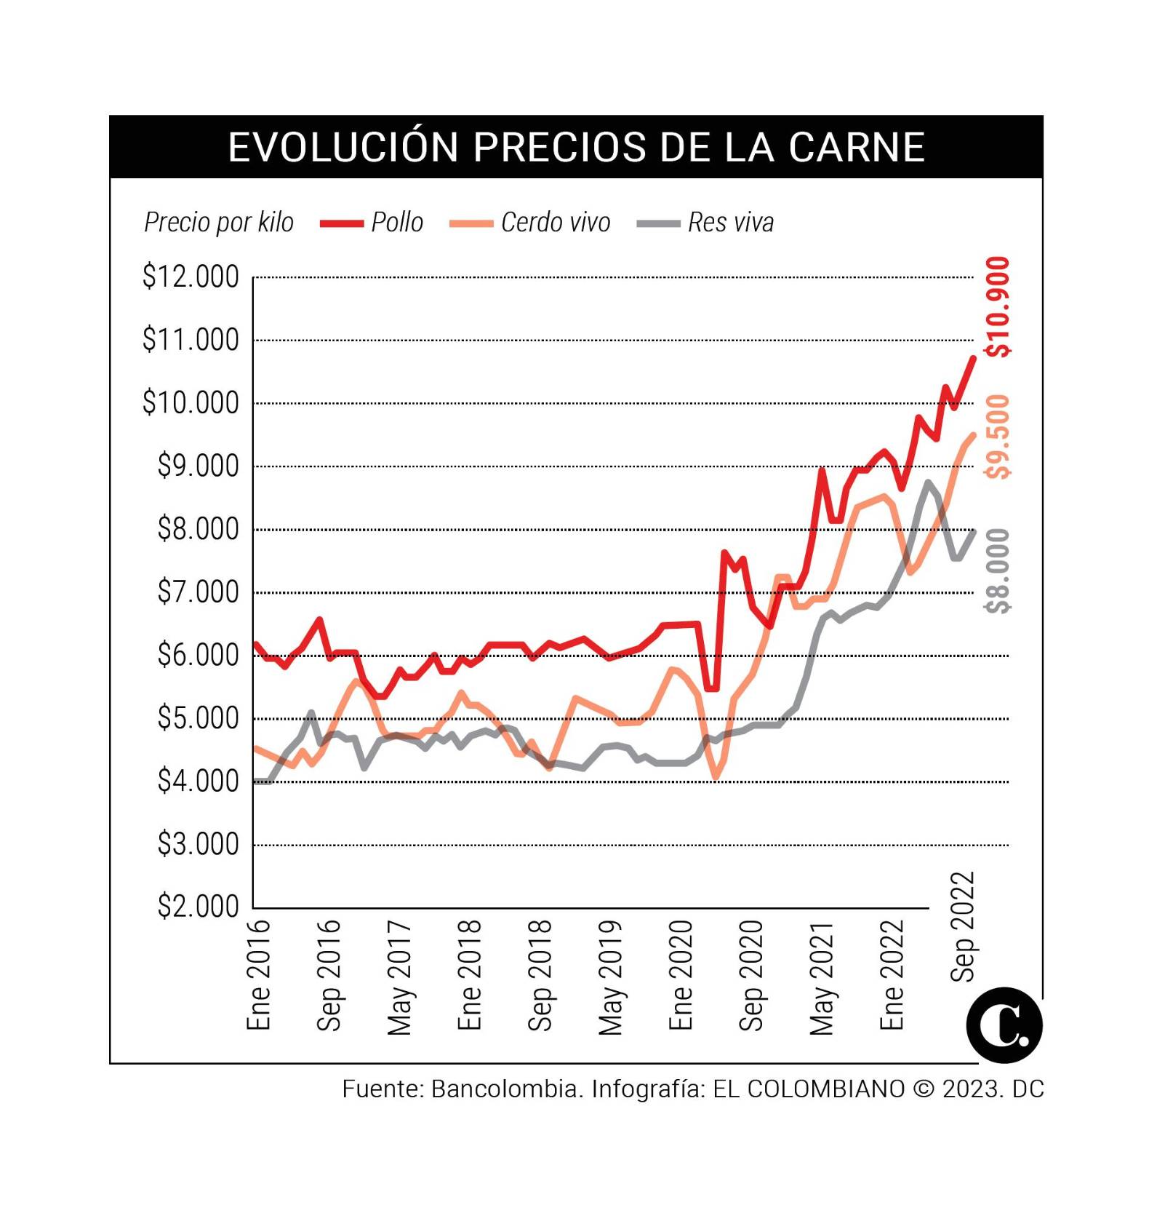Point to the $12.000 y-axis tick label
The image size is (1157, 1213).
click(191, 277)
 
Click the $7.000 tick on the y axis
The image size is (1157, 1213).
click(198, 592)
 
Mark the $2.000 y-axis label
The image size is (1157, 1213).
click(198, 907)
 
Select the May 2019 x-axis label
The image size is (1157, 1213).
click(611, 977)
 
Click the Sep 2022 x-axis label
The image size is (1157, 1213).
click(963, 926)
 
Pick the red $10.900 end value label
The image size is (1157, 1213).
click(998, 307)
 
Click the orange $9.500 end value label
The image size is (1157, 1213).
click(998, 437)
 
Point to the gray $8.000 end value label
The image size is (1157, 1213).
click(998, 570)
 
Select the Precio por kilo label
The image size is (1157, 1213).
click(219, 222)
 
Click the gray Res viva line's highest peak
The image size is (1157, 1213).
click(928, 482)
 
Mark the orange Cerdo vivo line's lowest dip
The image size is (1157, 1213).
click(716, 777)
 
